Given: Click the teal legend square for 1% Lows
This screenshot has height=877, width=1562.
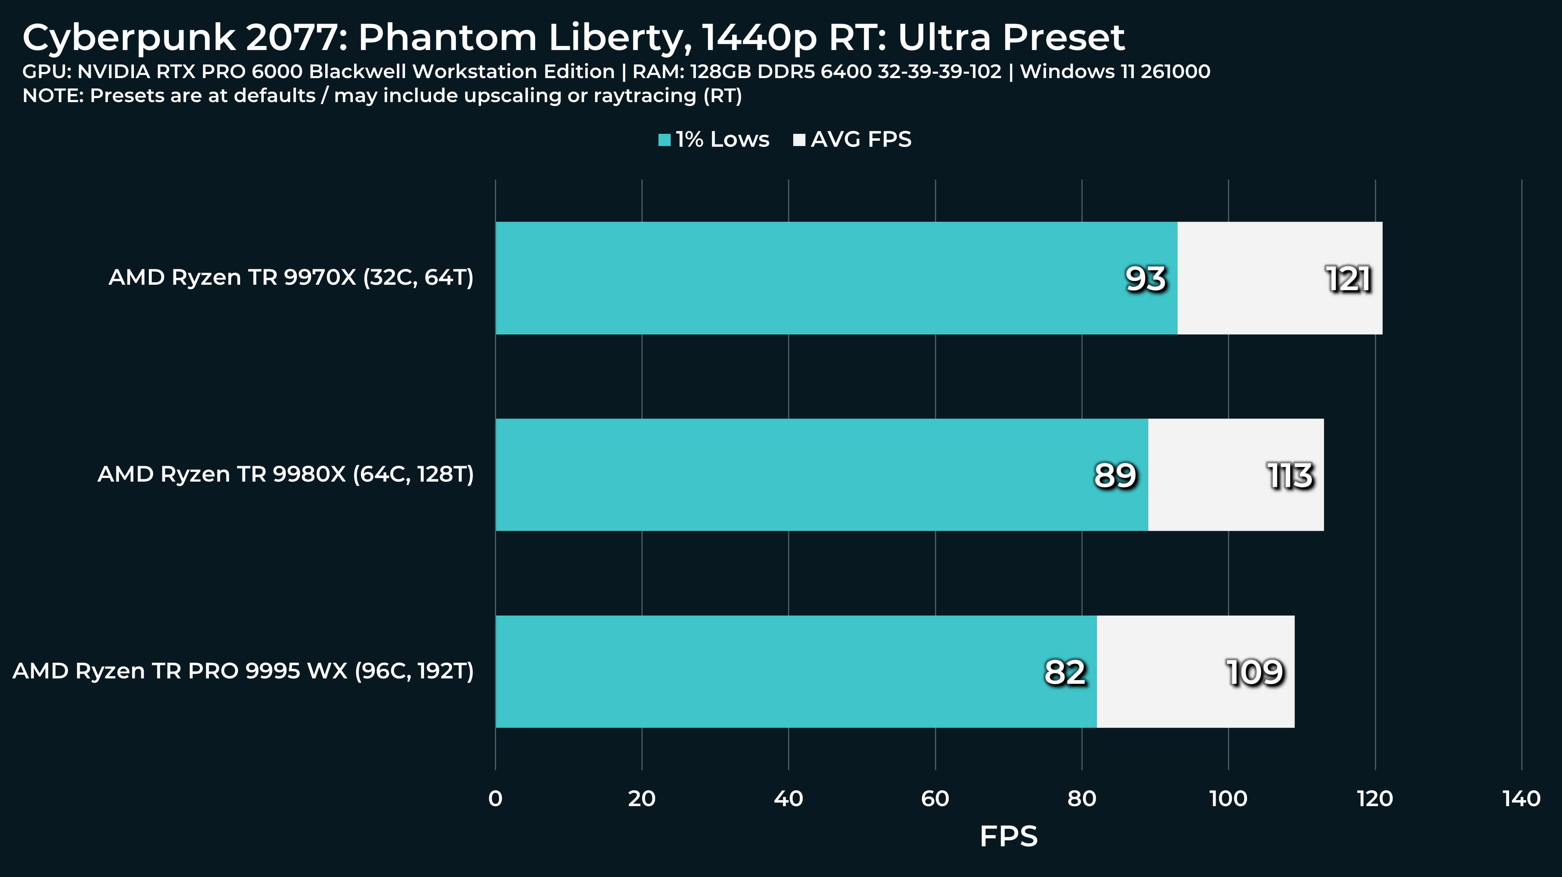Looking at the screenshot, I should click(665, 140).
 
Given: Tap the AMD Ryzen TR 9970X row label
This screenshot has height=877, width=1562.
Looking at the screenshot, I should click(291, 277).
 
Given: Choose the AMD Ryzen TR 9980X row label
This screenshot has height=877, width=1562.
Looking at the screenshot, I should click(286, 474).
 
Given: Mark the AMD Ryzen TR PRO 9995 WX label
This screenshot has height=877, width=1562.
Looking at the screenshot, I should click(243, 671).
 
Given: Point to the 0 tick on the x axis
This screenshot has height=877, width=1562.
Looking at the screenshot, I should click(495, 799).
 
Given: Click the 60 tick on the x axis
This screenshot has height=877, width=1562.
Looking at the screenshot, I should click(935, 799).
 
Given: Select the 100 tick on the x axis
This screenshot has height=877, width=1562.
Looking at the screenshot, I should click(1229, 799).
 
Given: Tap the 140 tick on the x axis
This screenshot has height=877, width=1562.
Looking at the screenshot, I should click(1521, 799).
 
